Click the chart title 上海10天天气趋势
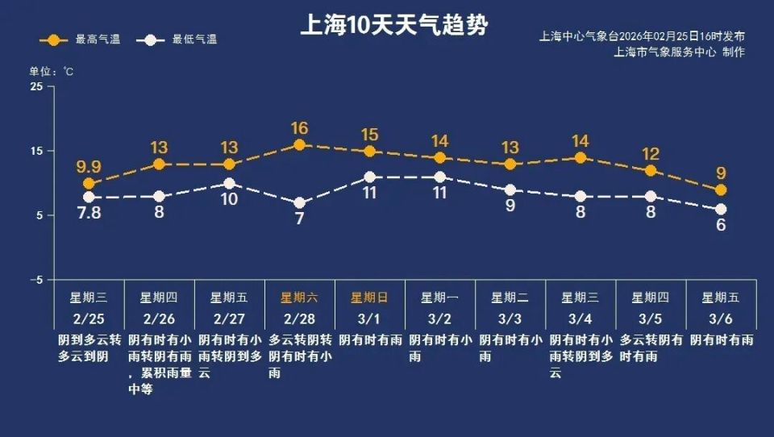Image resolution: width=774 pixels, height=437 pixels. (x=393, y=25)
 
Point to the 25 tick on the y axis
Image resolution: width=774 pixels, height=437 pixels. (x=37, y=87)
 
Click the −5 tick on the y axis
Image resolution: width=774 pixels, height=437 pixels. (x=35, y=281)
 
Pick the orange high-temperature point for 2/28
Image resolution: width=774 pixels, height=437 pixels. (x=299, y=145)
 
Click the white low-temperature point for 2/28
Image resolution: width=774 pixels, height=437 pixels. (x=299, y=203)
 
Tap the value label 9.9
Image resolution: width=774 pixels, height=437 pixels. (x=89, y=167)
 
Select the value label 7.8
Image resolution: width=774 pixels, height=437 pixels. (x=89, y=214)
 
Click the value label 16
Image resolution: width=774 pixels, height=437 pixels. (x=299, y=128)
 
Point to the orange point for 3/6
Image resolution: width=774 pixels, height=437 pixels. (x=721, y=190)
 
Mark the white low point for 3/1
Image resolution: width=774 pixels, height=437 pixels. (x=370, y=177)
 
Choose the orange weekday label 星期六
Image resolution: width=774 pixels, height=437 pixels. (x=299, y=298)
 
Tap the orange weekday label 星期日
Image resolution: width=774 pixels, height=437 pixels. (x=370, y=298)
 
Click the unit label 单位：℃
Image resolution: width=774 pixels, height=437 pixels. (x=52, y=72)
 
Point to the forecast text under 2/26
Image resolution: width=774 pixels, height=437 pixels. (x=159, y=364)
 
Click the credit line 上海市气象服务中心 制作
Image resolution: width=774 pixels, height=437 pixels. (x=679, y=52)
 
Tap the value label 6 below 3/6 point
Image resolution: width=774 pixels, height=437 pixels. (x=721, y=225)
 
